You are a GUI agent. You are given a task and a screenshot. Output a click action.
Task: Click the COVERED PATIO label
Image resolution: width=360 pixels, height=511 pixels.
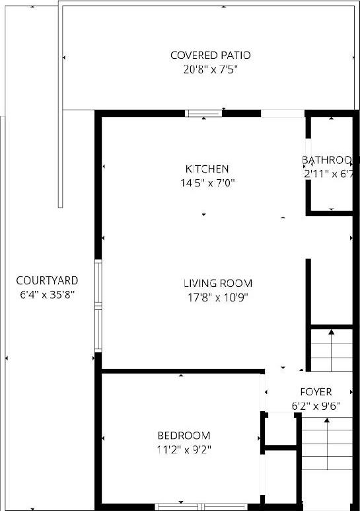210,55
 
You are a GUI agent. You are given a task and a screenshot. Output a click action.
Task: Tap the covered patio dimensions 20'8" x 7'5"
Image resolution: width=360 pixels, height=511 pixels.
210,69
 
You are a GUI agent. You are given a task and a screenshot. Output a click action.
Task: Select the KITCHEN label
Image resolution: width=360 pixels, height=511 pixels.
207,169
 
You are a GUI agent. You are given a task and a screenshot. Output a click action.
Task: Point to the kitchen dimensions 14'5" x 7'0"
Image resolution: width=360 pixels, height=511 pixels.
207,182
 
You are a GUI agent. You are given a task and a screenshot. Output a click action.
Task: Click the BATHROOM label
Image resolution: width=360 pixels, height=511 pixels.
330,160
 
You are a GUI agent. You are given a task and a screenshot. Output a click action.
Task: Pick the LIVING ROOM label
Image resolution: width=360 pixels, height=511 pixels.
217,283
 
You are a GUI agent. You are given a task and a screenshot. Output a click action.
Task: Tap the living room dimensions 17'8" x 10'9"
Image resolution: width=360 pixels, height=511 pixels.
217,297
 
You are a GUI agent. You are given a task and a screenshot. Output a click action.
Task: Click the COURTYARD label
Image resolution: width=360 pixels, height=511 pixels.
47,280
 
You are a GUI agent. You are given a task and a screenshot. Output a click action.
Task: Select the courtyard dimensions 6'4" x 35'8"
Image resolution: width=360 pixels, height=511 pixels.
47,295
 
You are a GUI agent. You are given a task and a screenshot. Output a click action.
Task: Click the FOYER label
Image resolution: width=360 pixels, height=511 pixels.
316,392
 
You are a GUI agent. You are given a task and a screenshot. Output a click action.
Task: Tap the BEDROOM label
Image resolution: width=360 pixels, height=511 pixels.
184,436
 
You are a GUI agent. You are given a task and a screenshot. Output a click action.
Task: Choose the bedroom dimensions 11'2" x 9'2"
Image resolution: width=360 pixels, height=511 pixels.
184,450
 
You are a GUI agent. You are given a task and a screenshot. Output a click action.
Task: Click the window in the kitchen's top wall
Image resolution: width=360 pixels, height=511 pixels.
203,113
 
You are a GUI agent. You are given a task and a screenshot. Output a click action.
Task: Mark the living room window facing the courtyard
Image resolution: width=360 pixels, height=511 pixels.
98,306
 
